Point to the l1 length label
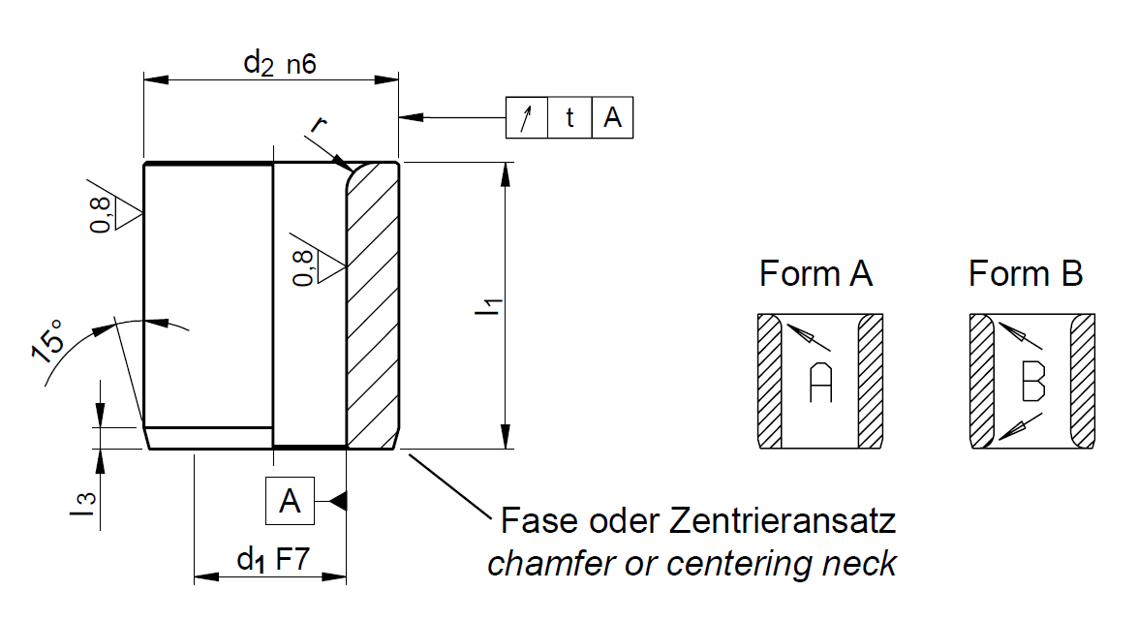tap(491, 307)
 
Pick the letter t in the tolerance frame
tap(569, 118)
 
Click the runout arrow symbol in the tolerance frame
tap(527, 118)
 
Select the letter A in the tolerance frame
tap(612, 118)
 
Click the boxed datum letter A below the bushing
tap(290, 501)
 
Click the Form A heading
tap(815, 274)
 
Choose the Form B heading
tap(1025, 274)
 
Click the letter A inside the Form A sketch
tap(820, 383)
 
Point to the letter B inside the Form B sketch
tap(1032, 383)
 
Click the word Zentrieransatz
tap(783, 521)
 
